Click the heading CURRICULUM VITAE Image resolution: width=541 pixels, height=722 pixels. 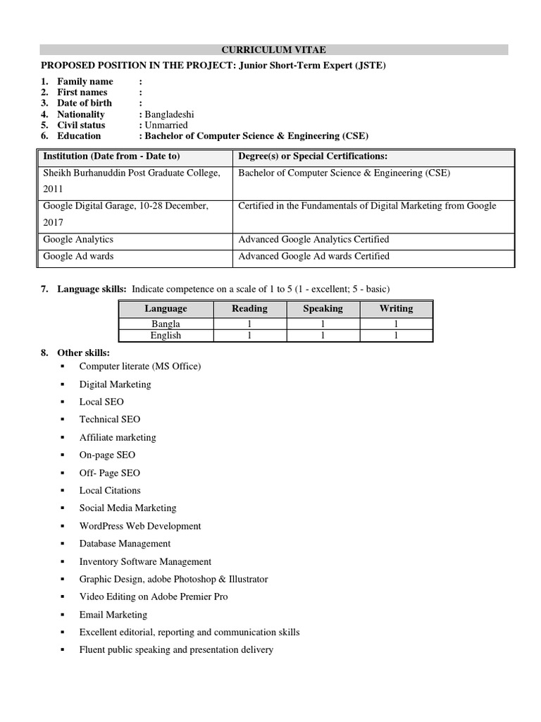coord(274,49)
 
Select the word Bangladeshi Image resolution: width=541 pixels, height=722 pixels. coord(169,114)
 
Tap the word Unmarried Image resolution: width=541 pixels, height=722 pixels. coord(166,125)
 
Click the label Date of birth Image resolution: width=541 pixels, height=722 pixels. coord(84,103)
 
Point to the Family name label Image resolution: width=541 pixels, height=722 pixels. coord(85,82)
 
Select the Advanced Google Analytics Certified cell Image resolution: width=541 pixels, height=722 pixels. coord(313,240)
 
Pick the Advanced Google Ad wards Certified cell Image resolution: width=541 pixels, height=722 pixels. coord(313,256)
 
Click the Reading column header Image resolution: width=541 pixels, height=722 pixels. coord(249,308)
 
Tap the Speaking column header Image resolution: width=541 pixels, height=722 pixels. coord(323,308)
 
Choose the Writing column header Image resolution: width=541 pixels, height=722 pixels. coord(396,308)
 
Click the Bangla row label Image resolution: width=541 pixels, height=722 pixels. coord(166,324)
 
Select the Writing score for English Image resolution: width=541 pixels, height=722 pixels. coord(396,336)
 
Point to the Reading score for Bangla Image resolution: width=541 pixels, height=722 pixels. coord(249,324)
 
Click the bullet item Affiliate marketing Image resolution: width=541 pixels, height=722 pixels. coord(118,437)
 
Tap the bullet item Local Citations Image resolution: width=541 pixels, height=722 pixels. coord(110,490)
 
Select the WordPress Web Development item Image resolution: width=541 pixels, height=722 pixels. coord(140,526)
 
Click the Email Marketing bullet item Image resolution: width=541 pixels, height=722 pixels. coord(113,615)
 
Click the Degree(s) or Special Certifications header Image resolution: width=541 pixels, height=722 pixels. coord(313,156)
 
